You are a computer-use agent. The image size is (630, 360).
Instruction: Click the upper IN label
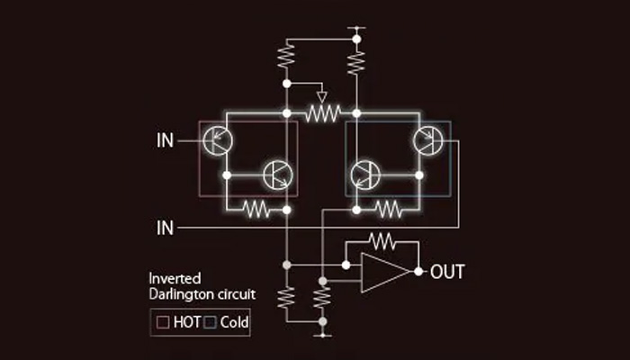[x=166, y=140]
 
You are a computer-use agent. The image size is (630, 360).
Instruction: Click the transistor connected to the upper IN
[x=217, y=141]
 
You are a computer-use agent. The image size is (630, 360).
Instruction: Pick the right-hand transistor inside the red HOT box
[x=275, y=175]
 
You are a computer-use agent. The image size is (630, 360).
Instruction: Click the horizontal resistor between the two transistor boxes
[x=322, y=113]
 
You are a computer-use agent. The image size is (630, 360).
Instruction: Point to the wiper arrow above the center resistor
[x=322, y=95]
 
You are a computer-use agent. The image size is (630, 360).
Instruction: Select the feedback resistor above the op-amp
[x=382, y=239]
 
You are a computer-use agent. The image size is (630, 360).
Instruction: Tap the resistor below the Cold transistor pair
[x=388, y=209]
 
